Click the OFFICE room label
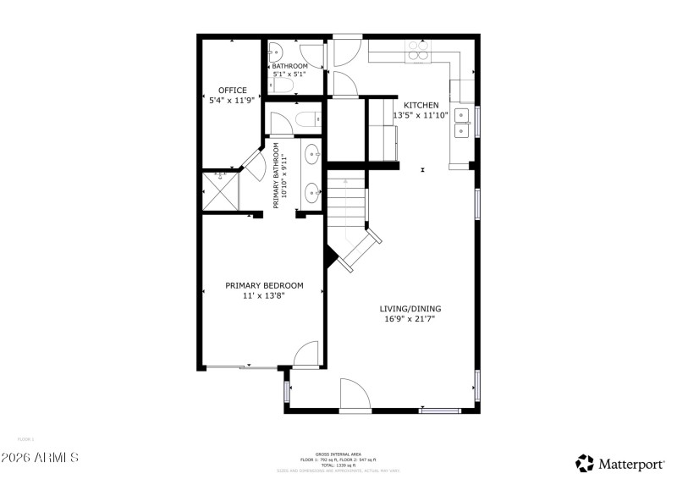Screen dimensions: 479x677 coord(232,90)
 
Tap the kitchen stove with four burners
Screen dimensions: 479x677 coord(419,52)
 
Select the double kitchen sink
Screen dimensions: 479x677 coord(463,123)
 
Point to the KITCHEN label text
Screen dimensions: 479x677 coord(421,105)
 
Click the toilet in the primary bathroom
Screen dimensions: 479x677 coord(305,118)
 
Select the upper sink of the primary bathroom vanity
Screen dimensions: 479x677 coord(312,154)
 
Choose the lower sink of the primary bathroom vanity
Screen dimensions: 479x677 coord(312,190)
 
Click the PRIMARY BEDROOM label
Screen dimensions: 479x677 coord(264,285)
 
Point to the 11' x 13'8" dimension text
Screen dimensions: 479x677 coord(264,295)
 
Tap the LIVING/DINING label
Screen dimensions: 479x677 coord(410,309)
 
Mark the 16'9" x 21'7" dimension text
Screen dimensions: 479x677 coord(410,320)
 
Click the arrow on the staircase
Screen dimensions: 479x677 coord(345,182)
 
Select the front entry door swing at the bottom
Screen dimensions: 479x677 coord(354,394)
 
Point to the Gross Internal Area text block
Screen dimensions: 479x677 coord(338,460)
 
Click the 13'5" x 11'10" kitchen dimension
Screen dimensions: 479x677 coord(421,115)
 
